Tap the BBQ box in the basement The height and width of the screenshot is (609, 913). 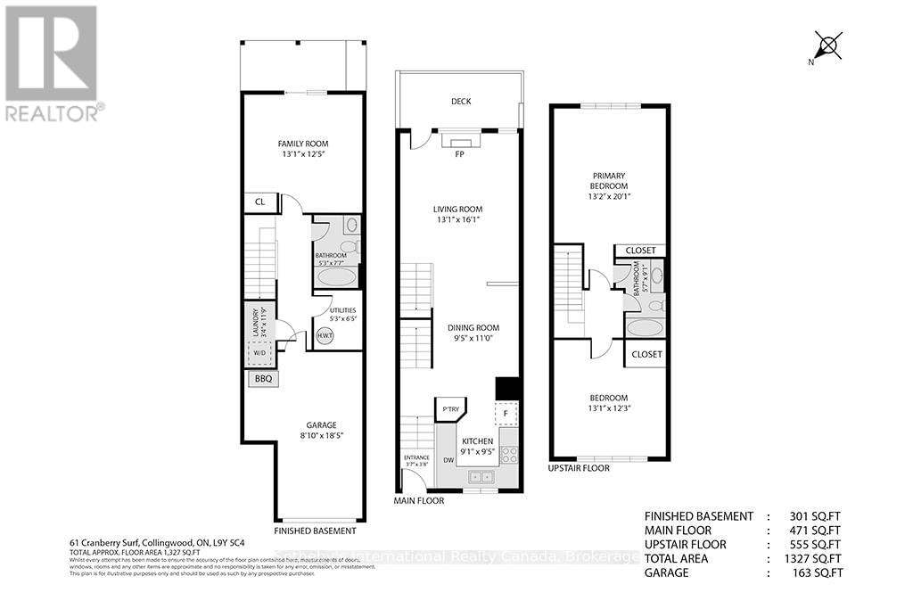coord(262,379)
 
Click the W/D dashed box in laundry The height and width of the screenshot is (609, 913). coord(260,351)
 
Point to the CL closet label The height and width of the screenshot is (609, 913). coord(260,202)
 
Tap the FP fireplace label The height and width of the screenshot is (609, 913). coord(460,153)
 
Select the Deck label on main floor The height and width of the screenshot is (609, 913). coord(460,102)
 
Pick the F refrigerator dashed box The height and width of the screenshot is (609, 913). coord(506,414)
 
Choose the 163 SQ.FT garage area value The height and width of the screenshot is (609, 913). coord(816,572)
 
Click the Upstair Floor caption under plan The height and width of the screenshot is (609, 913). coord(579,467)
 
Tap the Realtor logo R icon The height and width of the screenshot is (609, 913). coord(51,52)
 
